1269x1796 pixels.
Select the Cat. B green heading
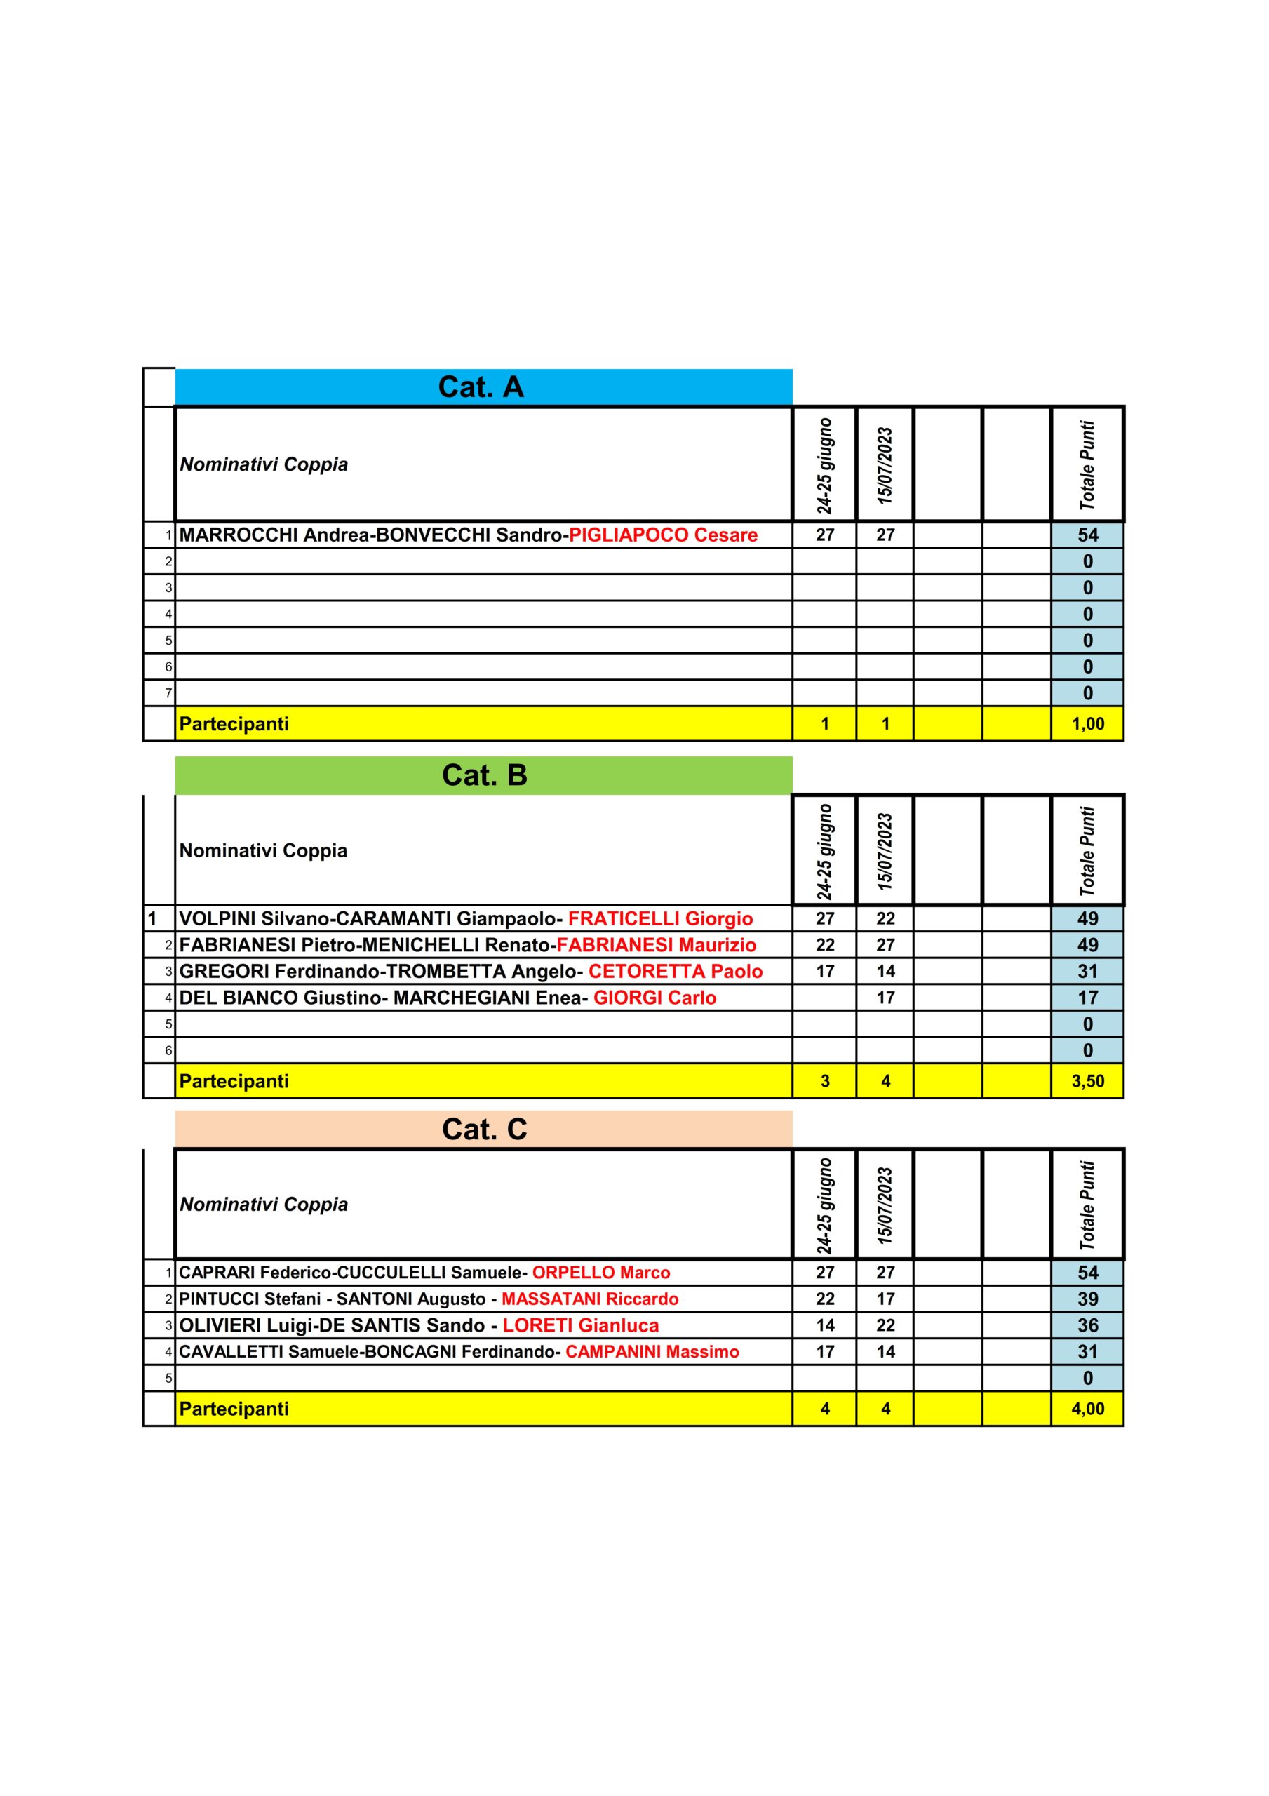click(x=484, y=775)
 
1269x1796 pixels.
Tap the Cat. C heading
click(x=484, y=1129)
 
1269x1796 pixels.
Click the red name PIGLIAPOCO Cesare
click(x=663, y=535)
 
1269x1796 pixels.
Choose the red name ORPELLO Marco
click(x=601, y=1273)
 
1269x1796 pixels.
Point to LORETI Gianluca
click(x=581, y=1326)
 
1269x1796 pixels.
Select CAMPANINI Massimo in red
click(x=652, y=1352)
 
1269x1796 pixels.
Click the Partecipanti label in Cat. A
click(x=234, y=723)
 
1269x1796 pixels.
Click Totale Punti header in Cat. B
click(x=1087, y=851)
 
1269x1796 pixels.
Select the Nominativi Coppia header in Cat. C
click(x=264, y=1205)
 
